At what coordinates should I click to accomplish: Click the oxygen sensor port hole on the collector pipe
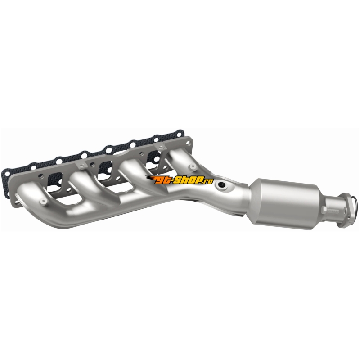[222, 185]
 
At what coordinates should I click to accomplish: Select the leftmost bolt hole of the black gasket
[5, 172]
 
